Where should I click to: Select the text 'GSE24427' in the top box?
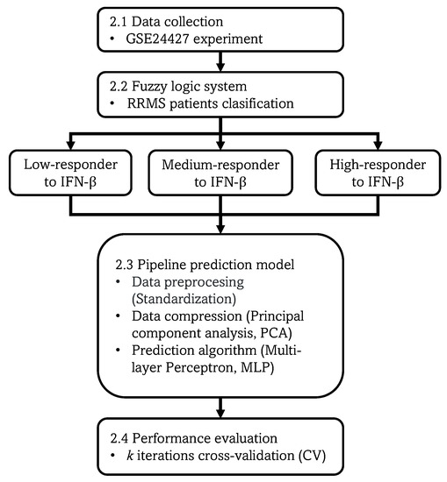pyautogui.click(x=155, y=40)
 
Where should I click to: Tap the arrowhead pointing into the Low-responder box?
pyautogui.click(x=68, y=147)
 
